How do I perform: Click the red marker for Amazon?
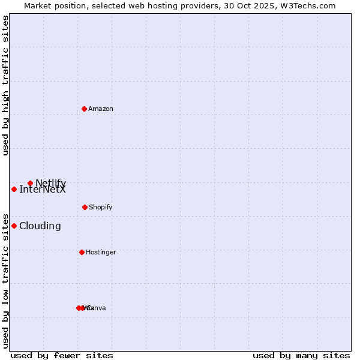point(84,109)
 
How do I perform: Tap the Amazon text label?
point(101,109)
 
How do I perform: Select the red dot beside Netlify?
point(30,183)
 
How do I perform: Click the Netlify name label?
point(51,183)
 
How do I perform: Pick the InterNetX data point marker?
point(14,189)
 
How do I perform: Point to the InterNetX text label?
point(43,190)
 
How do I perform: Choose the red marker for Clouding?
point(14,226)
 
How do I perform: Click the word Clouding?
point(40,226)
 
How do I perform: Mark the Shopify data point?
point(85,207)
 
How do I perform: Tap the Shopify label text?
point(101,208)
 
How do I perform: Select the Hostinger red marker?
point(82,252)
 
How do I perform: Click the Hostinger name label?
point(101,253)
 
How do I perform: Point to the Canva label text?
point(97,308)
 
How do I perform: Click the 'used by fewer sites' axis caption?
point(62,355)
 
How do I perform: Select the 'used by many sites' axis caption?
point(301,355)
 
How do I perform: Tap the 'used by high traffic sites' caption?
point(6,85)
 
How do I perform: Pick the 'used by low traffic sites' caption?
point(6,280)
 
